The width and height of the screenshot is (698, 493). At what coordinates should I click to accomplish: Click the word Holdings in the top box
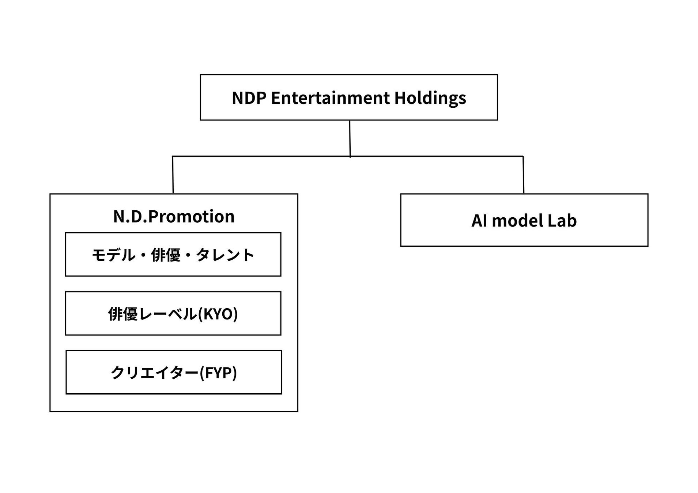point(430,98)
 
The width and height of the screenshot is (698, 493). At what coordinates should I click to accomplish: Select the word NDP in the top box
point(249,98)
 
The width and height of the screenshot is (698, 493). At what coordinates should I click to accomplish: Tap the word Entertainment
point(330,98)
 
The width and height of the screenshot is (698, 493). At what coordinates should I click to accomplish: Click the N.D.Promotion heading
point(174,216)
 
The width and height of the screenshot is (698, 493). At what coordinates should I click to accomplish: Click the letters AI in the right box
point(479,221)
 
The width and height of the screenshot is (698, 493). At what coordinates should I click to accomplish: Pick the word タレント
point(225,255)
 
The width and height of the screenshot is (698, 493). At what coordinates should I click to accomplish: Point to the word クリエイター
point(155,373)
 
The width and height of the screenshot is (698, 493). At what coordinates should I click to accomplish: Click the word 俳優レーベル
point(152,314)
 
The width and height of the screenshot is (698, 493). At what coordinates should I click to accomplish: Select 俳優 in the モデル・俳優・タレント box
point(166,255)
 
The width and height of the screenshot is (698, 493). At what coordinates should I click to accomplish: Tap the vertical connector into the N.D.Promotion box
point(173,175)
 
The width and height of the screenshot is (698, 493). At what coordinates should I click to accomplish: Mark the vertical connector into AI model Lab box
point(523,175)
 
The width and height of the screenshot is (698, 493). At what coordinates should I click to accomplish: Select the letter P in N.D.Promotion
point(152,216)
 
